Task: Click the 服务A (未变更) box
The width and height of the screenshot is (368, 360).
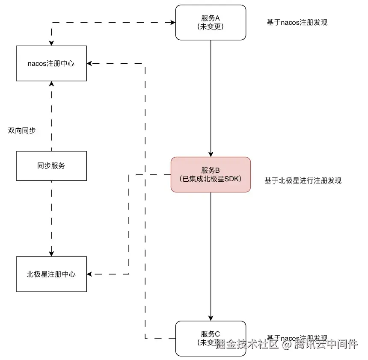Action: pos(211,22)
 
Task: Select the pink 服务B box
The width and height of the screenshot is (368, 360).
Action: pos(211,174)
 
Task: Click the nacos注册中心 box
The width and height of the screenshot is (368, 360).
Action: pos(51,63)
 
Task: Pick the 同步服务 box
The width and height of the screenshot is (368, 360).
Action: pos(51,165)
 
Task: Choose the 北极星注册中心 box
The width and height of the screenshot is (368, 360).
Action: pos(51,274)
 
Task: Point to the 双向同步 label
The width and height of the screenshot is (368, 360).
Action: pos(22,130)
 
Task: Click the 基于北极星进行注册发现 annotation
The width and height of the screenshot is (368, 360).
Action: pos(303,180)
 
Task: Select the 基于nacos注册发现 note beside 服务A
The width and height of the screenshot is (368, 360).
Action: pos(297,23)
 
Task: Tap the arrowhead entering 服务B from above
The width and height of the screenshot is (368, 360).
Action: pos(211,154)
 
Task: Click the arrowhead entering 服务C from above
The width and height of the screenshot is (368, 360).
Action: pos(211,318)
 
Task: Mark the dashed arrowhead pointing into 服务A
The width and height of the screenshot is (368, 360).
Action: pos(172,22)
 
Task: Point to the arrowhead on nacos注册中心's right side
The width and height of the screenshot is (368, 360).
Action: pos(90,63)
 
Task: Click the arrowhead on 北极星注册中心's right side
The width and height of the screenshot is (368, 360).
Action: pos(90,274)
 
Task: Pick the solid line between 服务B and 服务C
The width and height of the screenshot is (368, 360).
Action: pos(211,257)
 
